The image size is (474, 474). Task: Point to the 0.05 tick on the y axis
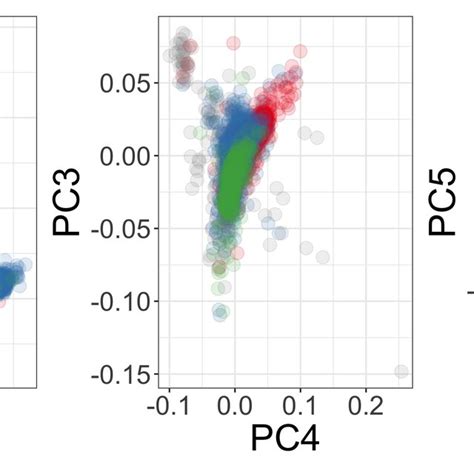click(124, 84)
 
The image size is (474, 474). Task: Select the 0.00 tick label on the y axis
click(124, 156)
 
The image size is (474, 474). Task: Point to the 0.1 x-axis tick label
click(300, 404)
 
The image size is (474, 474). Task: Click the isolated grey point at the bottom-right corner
click(401, 372)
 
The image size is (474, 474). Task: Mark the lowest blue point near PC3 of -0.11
click(220, 313)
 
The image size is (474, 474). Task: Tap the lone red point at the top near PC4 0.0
click(234, 43)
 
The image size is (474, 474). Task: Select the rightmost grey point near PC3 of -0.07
click(322, 257)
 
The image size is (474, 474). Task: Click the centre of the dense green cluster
click(232, 170)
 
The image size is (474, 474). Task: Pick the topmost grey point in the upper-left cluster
click(181, 35)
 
